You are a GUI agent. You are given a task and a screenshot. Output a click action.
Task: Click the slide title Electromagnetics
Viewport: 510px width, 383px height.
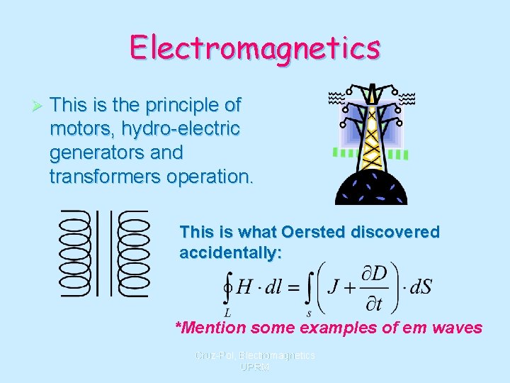pos(255,48)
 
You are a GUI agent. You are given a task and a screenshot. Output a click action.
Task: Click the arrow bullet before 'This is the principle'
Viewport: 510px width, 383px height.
pos(40,106)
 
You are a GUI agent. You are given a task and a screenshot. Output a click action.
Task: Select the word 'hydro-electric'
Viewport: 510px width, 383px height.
pos(180,129)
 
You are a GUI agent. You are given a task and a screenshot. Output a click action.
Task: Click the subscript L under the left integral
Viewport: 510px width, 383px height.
pos(227,313)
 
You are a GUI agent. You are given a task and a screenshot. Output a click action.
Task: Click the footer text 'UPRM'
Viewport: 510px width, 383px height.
pos(254,367)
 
